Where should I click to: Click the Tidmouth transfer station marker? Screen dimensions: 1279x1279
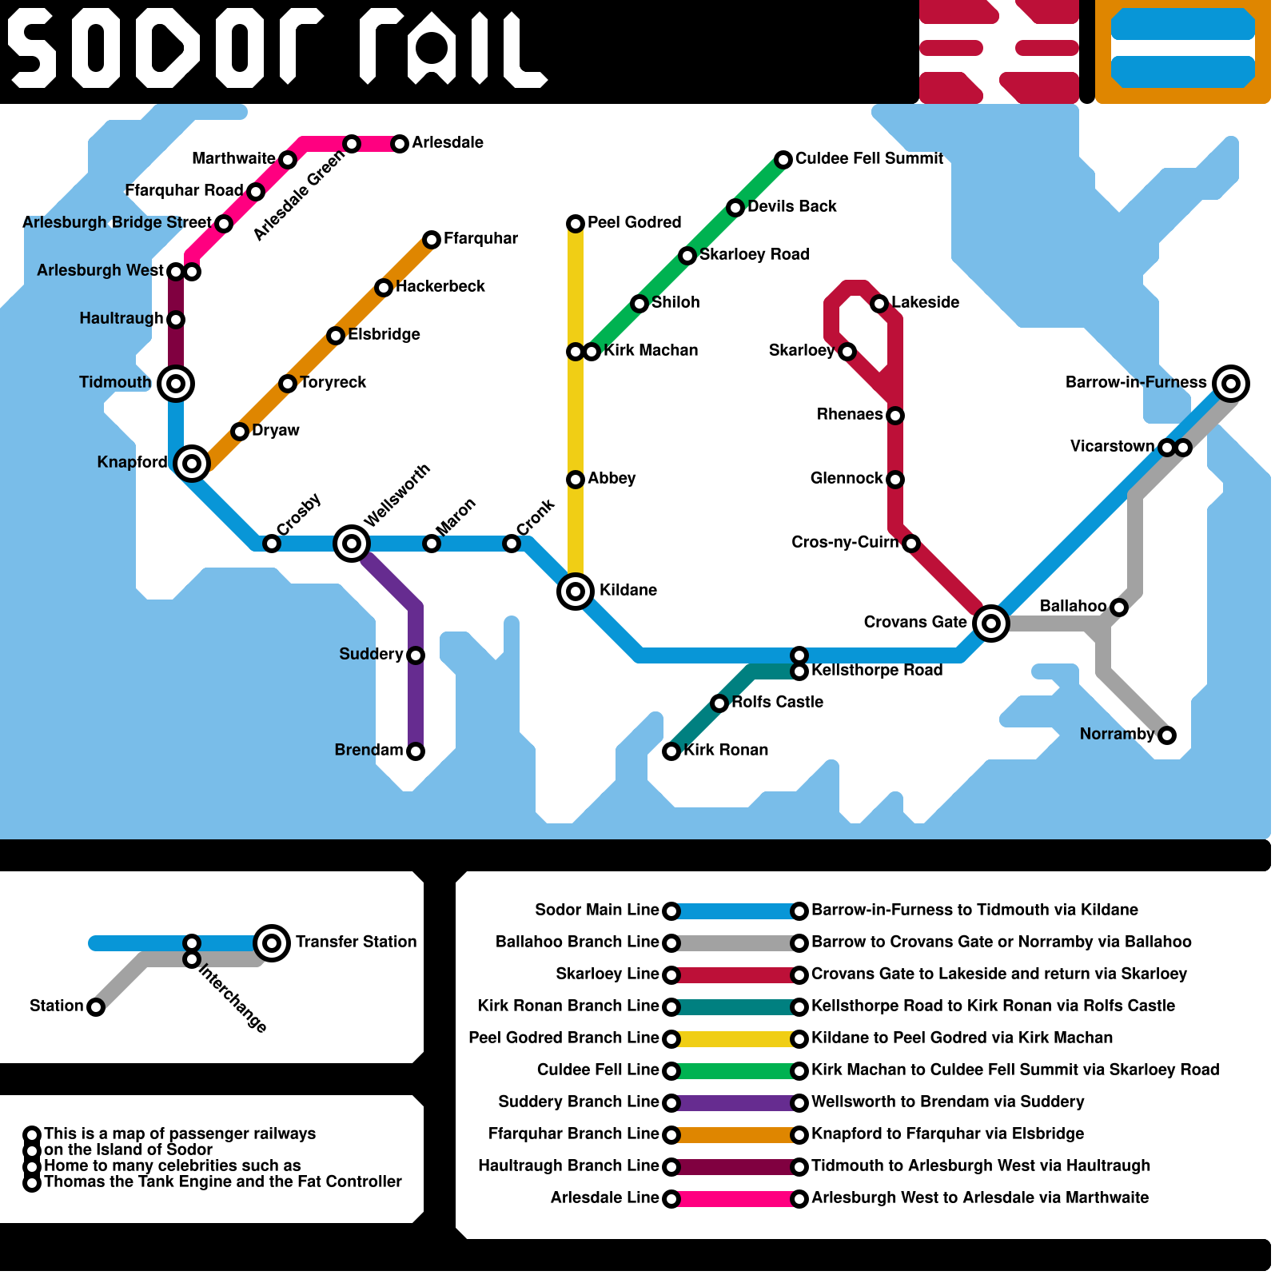click(x=176, y=384)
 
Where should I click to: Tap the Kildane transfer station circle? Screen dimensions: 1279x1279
click(x=576, y=592)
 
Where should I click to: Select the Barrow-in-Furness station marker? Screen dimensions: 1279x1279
click(x=1231, y=384)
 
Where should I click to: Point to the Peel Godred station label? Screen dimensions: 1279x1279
click(x=634, y=222)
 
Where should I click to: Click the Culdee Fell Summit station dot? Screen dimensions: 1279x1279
click(x=783, y=160)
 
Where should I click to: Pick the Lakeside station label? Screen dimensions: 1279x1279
click(x=925, y=302)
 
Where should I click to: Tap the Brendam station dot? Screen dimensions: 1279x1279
click(x=416, y=751)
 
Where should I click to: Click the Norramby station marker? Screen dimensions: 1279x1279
click(x=1167, y=735)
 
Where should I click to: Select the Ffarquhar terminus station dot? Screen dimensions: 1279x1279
click(x=432, y=240)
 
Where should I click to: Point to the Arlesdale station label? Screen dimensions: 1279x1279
click(x=448, y=142)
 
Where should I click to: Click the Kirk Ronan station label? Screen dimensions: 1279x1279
click(x=726, y=750)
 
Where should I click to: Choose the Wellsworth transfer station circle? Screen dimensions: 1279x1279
click(x=352, y=544)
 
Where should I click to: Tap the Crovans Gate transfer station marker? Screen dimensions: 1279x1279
click(x=991, y=624)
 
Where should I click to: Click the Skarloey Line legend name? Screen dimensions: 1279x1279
click(x=607, y=974)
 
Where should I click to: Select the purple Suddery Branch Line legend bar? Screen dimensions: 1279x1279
click(x=735, y=1103)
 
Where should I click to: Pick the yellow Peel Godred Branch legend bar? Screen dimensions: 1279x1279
click(x=735, y=1039)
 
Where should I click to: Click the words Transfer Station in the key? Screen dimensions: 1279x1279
click(x=356, y=942)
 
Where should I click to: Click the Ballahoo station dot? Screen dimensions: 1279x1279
click(x=1119, y=608)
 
